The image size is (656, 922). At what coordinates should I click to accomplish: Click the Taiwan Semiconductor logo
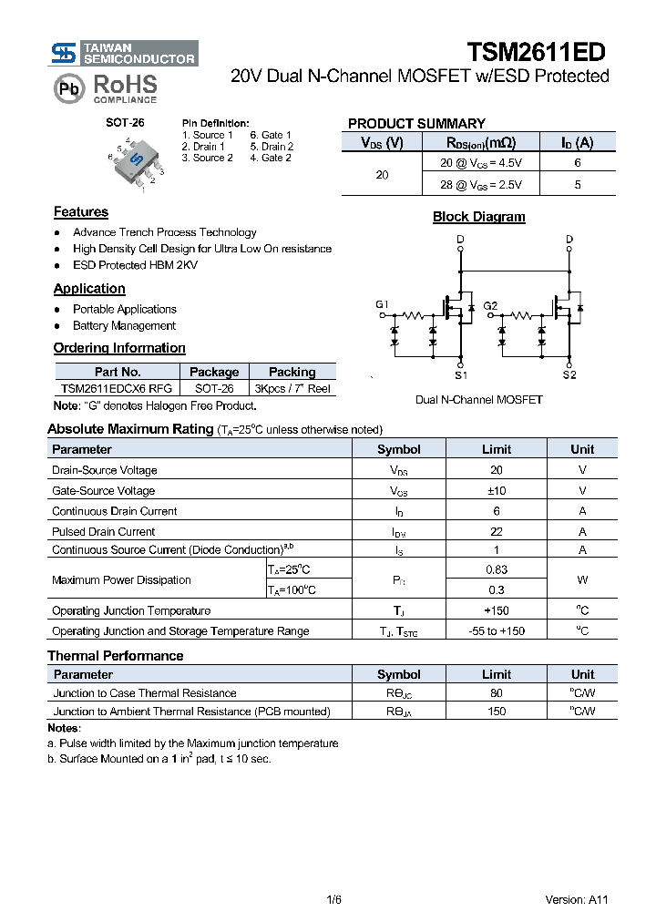(124, 53)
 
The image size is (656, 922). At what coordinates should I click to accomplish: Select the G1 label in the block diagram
(382, 304)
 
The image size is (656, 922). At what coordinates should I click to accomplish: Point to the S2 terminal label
(569, 374)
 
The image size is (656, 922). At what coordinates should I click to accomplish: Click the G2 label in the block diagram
(490, 305)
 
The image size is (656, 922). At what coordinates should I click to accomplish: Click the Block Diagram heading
(478, 217)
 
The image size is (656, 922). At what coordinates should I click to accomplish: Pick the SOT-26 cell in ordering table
(213, 388)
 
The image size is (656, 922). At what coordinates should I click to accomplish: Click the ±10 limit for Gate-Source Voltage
(496, 491)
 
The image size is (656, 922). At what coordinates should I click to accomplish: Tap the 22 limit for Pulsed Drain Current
(496, 531)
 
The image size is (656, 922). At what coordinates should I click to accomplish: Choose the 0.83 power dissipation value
(496, 569)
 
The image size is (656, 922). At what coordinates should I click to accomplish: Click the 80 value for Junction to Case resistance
(496, 693)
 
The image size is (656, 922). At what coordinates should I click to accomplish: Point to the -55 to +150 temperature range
(496, 631)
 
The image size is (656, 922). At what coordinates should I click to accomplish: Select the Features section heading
(81, 212)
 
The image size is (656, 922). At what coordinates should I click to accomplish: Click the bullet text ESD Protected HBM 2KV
(135, 265)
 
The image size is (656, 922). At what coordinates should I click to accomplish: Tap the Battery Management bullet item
(124, 325)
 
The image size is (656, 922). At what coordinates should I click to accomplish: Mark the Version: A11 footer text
(576, 899)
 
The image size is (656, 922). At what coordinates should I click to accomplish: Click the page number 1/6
(333, 899)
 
